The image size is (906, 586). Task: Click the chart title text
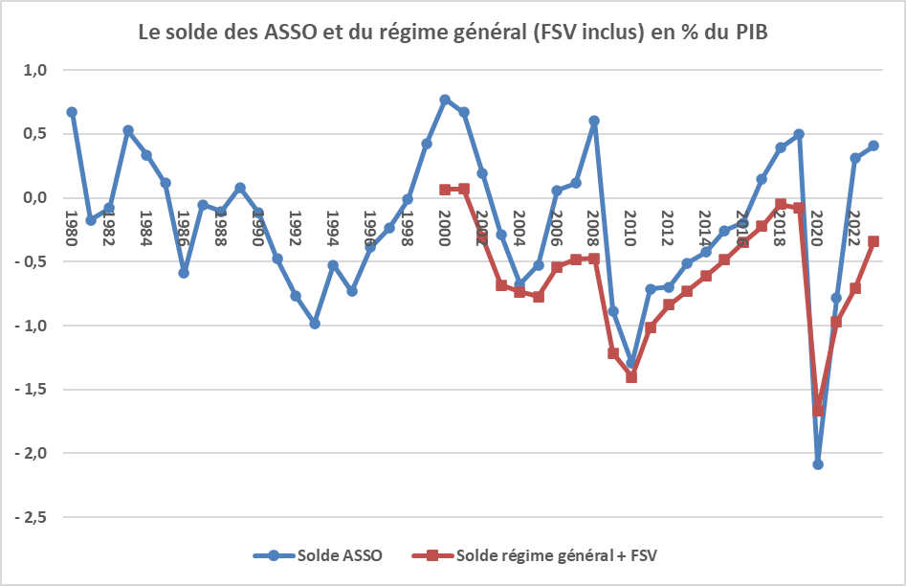pos(453,32)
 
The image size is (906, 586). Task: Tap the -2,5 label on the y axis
pos(36,517)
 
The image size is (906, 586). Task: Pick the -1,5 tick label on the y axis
pos(36,390)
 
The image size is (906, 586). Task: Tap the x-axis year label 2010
pos(631,228)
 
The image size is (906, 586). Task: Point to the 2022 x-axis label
pos(855,228)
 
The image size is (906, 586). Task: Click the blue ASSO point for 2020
pos(818,464)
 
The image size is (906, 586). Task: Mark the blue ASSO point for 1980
pos(72,112)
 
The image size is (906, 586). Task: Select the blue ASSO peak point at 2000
pos(445,100)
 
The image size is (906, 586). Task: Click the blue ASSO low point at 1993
pos(314,324)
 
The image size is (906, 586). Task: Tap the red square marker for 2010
pos(631,377)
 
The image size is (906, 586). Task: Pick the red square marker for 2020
pos(818,411)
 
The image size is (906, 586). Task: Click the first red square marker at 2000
pos(445,190)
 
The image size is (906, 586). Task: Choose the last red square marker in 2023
pos(873,241)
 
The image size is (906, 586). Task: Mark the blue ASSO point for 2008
pos(594,121)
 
